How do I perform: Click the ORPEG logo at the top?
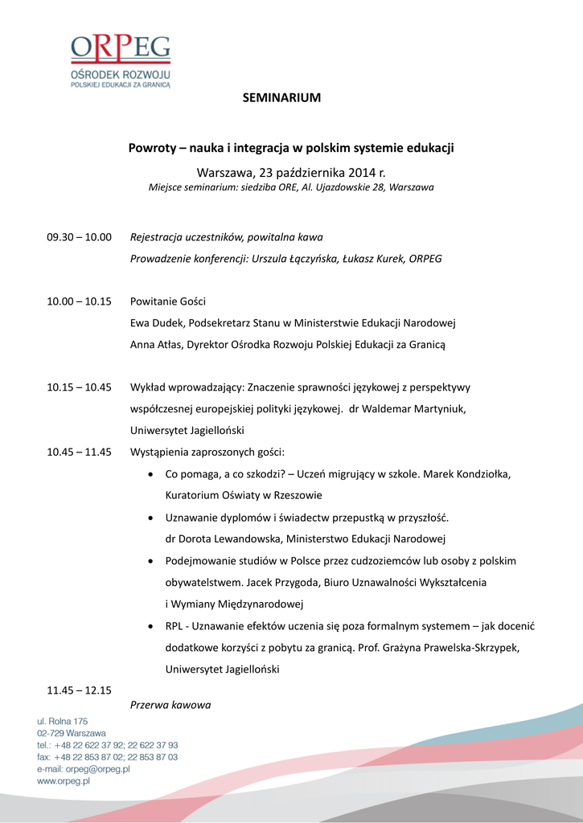[x=121, y=60]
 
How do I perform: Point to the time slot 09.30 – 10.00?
[x=79, y=237]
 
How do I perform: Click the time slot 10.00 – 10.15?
[x=79, y=301]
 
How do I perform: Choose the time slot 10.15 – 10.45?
[x=79, y=387]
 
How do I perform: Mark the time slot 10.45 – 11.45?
[x=79, y=452]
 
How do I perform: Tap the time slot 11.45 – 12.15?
[x=79, y=690]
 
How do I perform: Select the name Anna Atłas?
[x=156, y=345]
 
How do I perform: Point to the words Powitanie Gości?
[x=168, y=301]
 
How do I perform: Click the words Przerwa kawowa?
[x=170, y=705]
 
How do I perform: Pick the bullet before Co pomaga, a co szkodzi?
[x=153, y=474]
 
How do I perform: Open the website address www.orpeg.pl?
[x=63, y=781]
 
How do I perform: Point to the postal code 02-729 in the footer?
[x=51, y=734]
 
